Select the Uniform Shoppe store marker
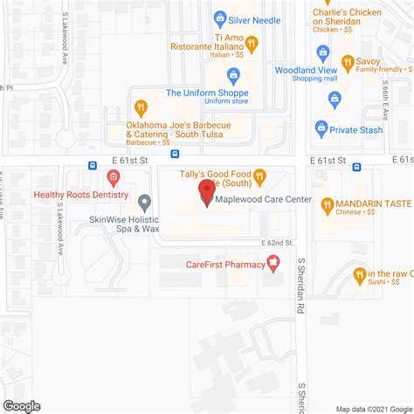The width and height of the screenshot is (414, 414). click(233, 75)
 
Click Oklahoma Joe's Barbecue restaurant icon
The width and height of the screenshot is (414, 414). click(140, 107)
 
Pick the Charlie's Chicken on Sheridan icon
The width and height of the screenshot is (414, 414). click(319, 17)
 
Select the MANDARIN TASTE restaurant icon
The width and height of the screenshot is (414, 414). click(327, 205)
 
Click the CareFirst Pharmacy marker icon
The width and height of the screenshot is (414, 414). click(273, 261)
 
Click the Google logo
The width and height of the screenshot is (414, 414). click(21, 405)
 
